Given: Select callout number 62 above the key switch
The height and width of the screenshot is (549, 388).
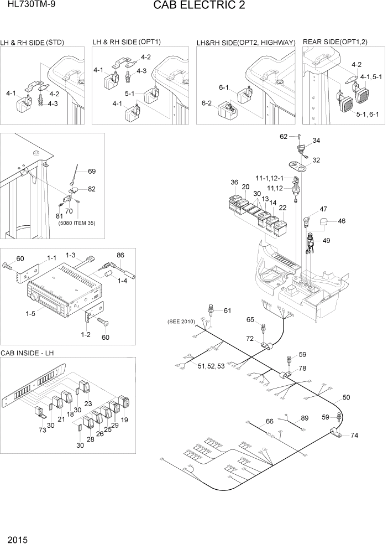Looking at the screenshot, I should click(284, 136).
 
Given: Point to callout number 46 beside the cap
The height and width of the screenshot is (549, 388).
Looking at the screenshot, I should click(342, 221).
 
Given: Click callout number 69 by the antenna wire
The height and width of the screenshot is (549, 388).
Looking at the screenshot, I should click(92, 171).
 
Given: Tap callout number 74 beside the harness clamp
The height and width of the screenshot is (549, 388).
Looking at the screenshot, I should click(354, 435).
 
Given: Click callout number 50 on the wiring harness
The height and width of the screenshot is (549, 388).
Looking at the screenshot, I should click(347, 397).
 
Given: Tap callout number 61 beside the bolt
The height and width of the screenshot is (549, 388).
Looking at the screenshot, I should click(227, 310).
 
